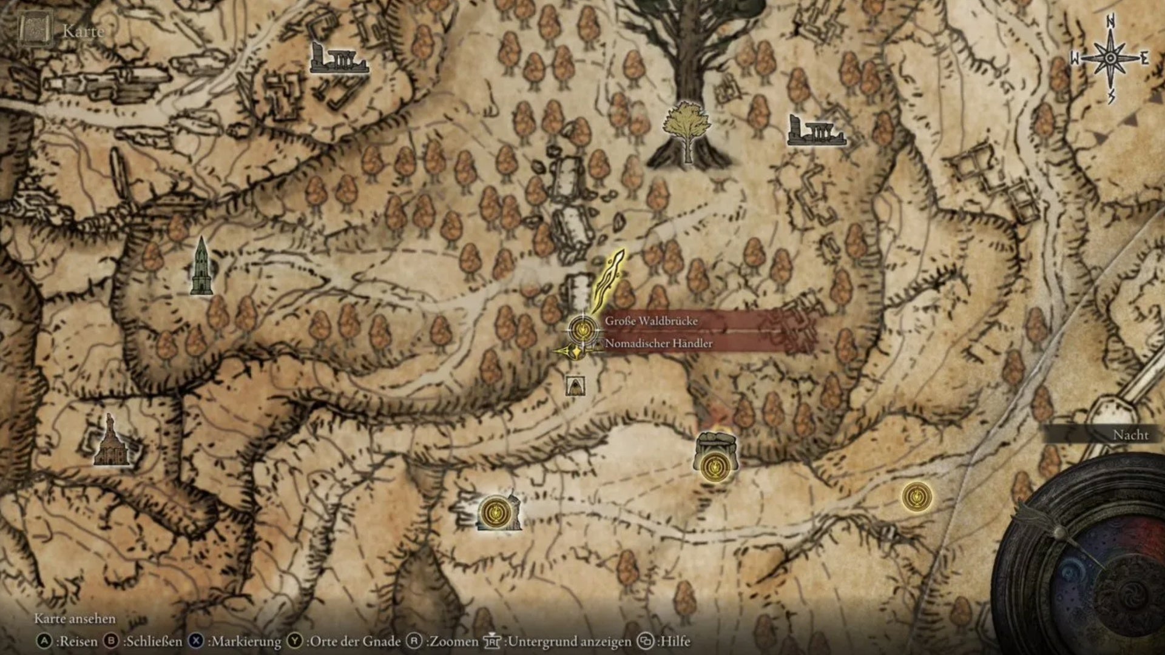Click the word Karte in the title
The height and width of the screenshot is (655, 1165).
click(83, 31)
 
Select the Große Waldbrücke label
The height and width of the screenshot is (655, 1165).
click(650, 321)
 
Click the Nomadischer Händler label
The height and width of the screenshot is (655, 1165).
click(658, 343)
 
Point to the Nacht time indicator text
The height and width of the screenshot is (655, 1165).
click(1130, 435)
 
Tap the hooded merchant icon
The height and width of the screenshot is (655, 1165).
click(575, 385)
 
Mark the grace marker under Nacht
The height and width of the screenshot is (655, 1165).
click(916, 497)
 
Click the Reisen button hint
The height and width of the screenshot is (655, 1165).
click(68, 641)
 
